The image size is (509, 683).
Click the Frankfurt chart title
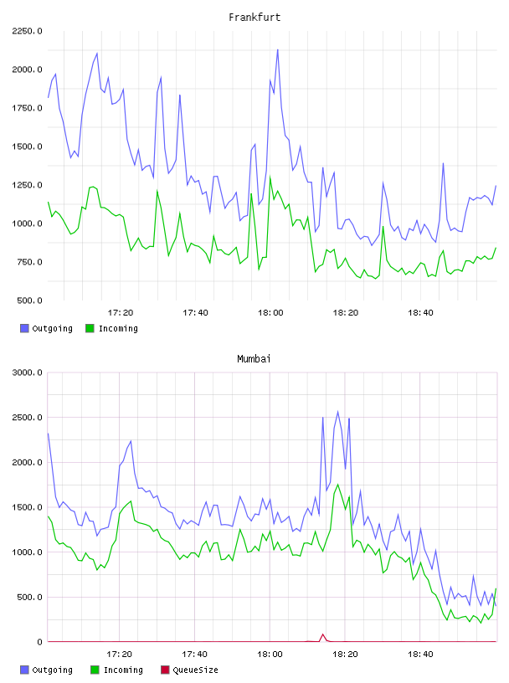(254, 18)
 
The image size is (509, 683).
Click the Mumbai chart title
(254, 359)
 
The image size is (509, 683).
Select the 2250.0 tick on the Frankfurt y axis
(27, 31)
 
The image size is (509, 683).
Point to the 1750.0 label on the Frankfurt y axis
(27, 108)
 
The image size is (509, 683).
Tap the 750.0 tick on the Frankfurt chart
(29, 262)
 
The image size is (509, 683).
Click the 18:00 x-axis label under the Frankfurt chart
(270, 313)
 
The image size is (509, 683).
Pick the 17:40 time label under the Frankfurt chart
(195, 313)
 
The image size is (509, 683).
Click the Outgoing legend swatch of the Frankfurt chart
(24, 328)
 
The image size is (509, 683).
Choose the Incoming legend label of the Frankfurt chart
(118, 328)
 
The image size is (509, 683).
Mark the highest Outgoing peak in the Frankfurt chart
(278, 49)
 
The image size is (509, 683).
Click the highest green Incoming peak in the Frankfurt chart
(270, 177)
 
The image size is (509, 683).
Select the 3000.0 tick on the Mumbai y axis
(27, 372)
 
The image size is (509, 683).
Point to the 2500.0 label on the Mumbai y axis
(27, 418)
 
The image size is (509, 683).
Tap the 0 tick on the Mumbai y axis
(40, 642)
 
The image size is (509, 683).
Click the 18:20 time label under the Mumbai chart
(345, 655)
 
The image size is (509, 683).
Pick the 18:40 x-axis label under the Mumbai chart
(420, 655)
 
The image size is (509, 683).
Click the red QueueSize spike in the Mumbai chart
(323, 634)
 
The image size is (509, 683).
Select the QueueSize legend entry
(189, 670)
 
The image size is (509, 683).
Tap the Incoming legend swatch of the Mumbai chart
(95, 670)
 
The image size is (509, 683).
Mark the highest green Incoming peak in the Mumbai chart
(337, 485)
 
